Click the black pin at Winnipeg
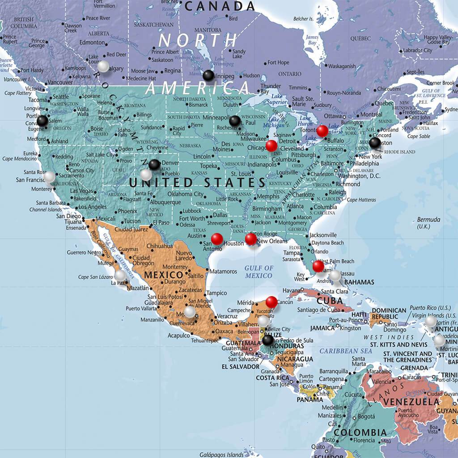point(208,76)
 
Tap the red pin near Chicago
point(271,146)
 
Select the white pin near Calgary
point(103,67)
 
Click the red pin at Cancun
point(271,302)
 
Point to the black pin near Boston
point(375,143)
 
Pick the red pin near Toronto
point(322,131)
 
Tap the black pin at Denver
point(154,165)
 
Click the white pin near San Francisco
point(49,177)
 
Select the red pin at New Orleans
point(251,239)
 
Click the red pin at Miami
point(318,266)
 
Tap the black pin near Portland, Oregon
point(42,121)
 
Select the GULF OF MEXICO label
point(259,271)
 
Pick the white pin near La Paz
point(120,275)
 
